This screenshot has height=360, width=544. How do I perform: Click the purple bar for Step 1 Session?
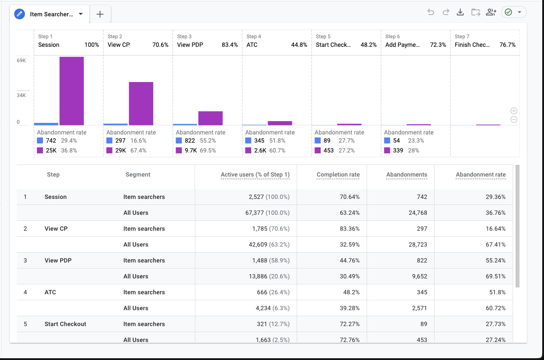tap(72, 91)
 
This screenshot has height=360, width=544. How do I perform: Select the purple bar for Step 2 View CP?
tap(141, 104)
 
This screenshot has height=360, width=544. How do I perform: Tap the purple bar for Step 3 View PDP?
tap(210, 118)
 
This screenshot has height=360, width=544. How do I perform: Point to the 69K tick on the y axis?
tap(21, 61)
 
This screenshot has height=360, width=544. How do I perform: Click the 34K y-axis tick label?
tap(21, 95)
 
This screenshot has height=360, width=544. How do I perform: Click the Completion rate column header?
tap(338, 174)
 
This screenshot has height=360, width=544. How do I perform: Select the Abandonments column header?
tap(407, 174)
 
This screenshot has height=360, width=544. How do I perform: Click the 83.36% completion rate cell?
tap(349, 229)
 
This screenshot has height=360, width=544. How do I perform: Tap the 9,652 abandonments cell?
tap(419, 276)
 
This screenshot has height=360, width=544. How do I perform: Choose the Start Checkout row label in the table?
tap(65, 324)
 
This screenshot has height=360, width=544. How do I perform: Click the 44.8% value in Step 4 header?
tap(299, 45)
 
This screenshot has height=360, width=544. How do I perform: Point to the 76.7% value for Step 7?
tap(508, 45)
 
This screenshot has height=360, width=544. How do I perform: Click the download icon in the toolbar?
tap(460, 12)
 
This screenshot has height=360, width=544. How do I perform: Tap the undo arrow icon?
tap(431, 12)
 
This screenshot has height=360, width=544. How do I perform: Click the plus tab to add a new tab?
tap(100, 14)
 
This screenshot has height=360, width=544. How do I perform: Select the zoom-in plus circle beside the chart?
tap(514, 111)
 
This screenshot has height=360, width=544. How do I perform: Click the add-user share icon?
tap(491, 12)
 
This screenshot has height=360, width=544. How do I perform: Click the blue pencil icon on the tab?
tap(19, 14)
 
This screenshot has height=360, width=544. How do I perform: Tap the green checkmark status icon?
tap(508, 12)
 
